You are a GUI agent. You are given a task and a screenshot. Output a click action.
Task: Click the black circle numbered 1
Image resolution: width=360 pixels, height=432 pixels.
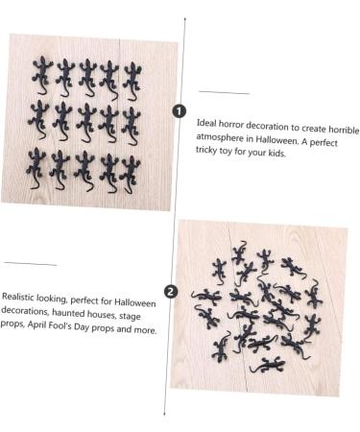tap(179, 111)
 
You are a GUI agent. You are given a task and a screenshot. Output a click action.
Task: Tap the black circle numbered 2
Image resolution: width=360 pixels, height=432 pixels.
tap(170, 291)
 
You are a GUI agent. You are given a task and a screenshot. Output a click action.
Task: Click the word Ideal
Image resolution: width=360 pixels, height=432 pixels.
tap(206, 124)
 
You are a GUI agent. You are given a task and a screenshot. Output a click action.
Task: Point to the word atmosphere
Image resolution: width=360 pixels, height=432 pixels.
tap(222, 138)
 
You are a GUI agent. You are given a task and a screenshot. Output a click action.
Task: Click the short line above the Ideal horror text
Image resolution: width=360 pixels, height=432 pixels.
tap(223, 92)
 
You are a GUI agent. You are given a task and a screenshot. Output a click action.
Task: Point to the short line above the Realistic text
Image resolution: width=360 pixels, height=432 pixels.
tap(30, 263)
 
